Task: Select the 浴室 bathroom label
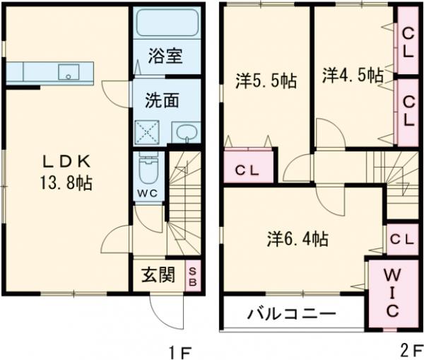pos(166,57)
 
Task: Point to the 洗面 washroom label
pos(162,100)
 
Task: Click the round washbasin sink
pos(187,132)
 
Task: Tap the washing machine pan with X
pos(149,132)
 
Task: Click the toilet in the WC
pos(149,169)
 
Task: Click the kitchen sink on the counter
pos(69,71)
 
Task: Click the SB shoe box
pos(192,274)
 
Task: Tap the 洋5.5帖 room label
pos(265,80)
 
